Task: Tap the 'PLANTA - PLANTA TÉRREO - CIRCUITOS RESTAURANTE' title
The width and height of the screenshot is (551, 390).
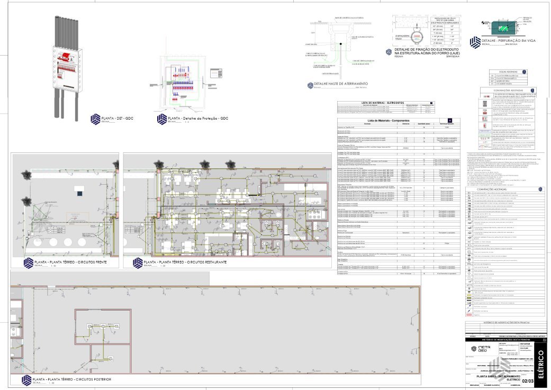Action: pyautogui.click(x=186, y=262)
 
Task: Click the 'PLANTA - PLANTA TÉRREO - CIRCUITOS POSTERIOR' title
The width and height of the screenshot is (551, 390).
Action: pyautogui.click(x=69, y=379)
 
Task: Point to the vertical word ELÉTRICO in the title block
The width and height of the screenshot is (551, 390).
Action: pyautogui.click(x=540, y=365)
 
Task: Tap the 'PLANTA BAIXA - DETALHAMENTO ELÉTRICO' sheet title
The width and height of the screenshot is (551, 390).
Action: pyautogui.click(x=495, y=377)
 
